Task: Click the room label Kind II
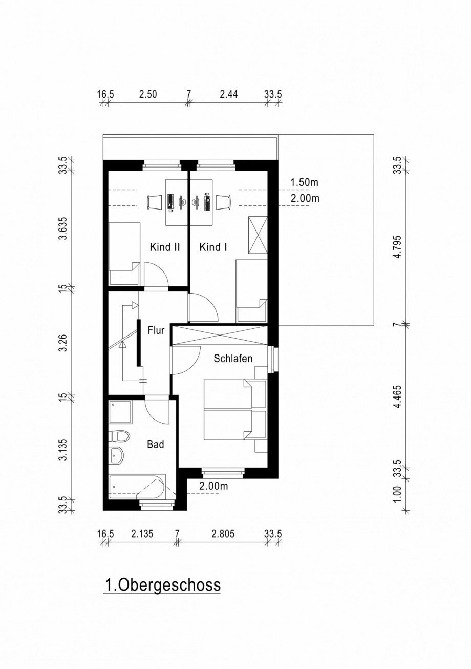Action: click(164, 247)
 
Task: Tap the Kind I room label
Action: click(213, 247)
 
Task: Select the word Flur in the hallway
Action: click(156, 330)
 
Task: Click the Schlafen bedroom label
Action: click(233, 359)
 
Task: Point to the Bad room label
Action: click(155, 444)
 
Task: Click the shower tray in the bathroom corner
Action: click(120, 411)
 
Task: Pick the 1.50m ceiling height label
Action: click(305, 182)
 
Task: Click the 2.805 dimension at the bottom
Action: click(223, 534)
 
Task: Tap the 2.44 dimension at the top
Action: click(228, 94)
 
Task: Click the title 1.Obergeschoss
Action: click(162, 584)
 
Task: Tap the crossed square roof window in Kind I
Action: click(257, 235)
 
